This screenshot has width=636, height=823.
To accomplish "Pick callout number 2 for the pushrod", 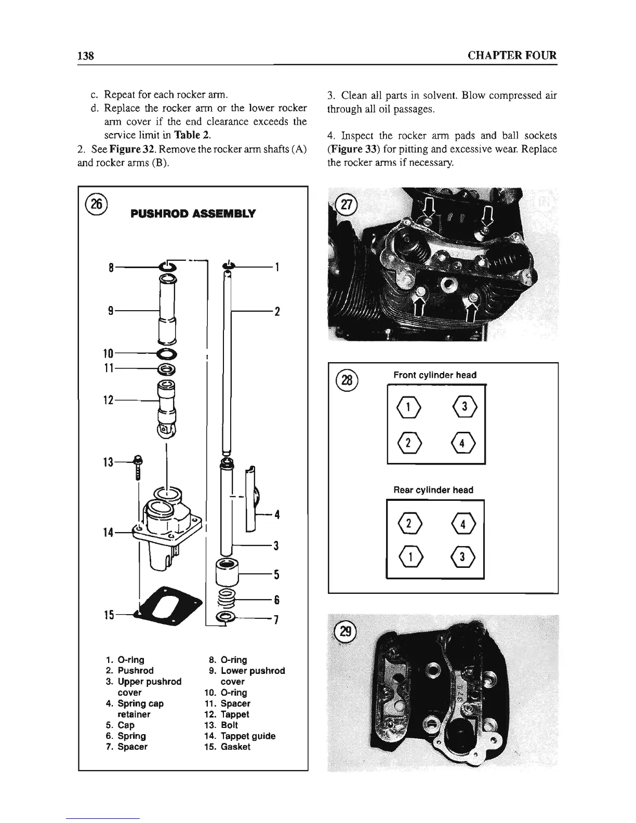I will coord(277,312).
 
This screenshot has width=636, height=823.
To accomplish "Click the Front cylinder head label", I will coord(435,375).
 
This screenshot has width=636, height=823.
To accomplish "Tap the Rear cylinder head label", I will coord(433,490).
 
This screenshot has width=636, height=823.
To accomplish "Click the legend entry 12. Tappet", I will coord(229,714).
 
